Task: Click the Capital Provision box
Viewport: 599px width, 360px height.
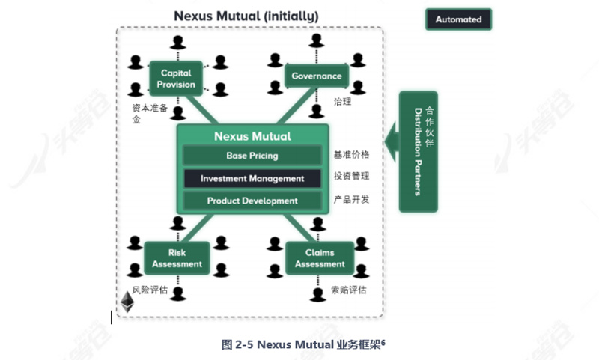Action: point(177,79)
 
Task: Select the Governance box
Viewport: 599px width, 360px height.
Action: point(316,76)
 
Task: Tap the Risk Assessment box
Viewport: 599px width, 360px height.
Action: point(177,258)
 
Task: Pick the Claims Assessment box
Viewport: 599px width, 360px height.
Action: point(320,258)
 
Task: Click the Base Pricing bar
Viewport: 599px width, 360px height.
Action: point(252,156)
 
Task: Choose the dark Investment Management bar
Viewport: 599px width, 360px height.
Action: point(252,179)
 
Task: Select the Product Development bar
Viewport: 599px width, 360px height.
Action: point(252,201)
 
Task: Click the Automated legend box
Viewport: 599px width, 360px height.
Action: point(458,19)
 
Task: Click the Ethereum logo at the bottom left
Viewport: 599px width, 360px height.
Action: point(127,302)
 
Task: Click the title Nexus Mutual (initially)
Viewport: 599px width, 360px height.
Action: point(246,16)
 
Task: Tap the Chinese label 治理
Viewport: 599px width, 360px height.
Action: point(342,100)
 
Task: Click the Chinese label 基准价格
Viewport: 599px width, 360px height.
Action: point(351,156)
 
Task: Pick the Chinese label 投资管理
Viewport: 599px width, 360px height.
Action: point(351,178)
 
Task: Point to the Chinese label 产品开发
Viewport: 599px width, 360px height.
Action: point(351,200)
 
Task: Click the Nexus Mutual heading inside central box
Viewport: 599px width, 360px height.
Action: point(252,136)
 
